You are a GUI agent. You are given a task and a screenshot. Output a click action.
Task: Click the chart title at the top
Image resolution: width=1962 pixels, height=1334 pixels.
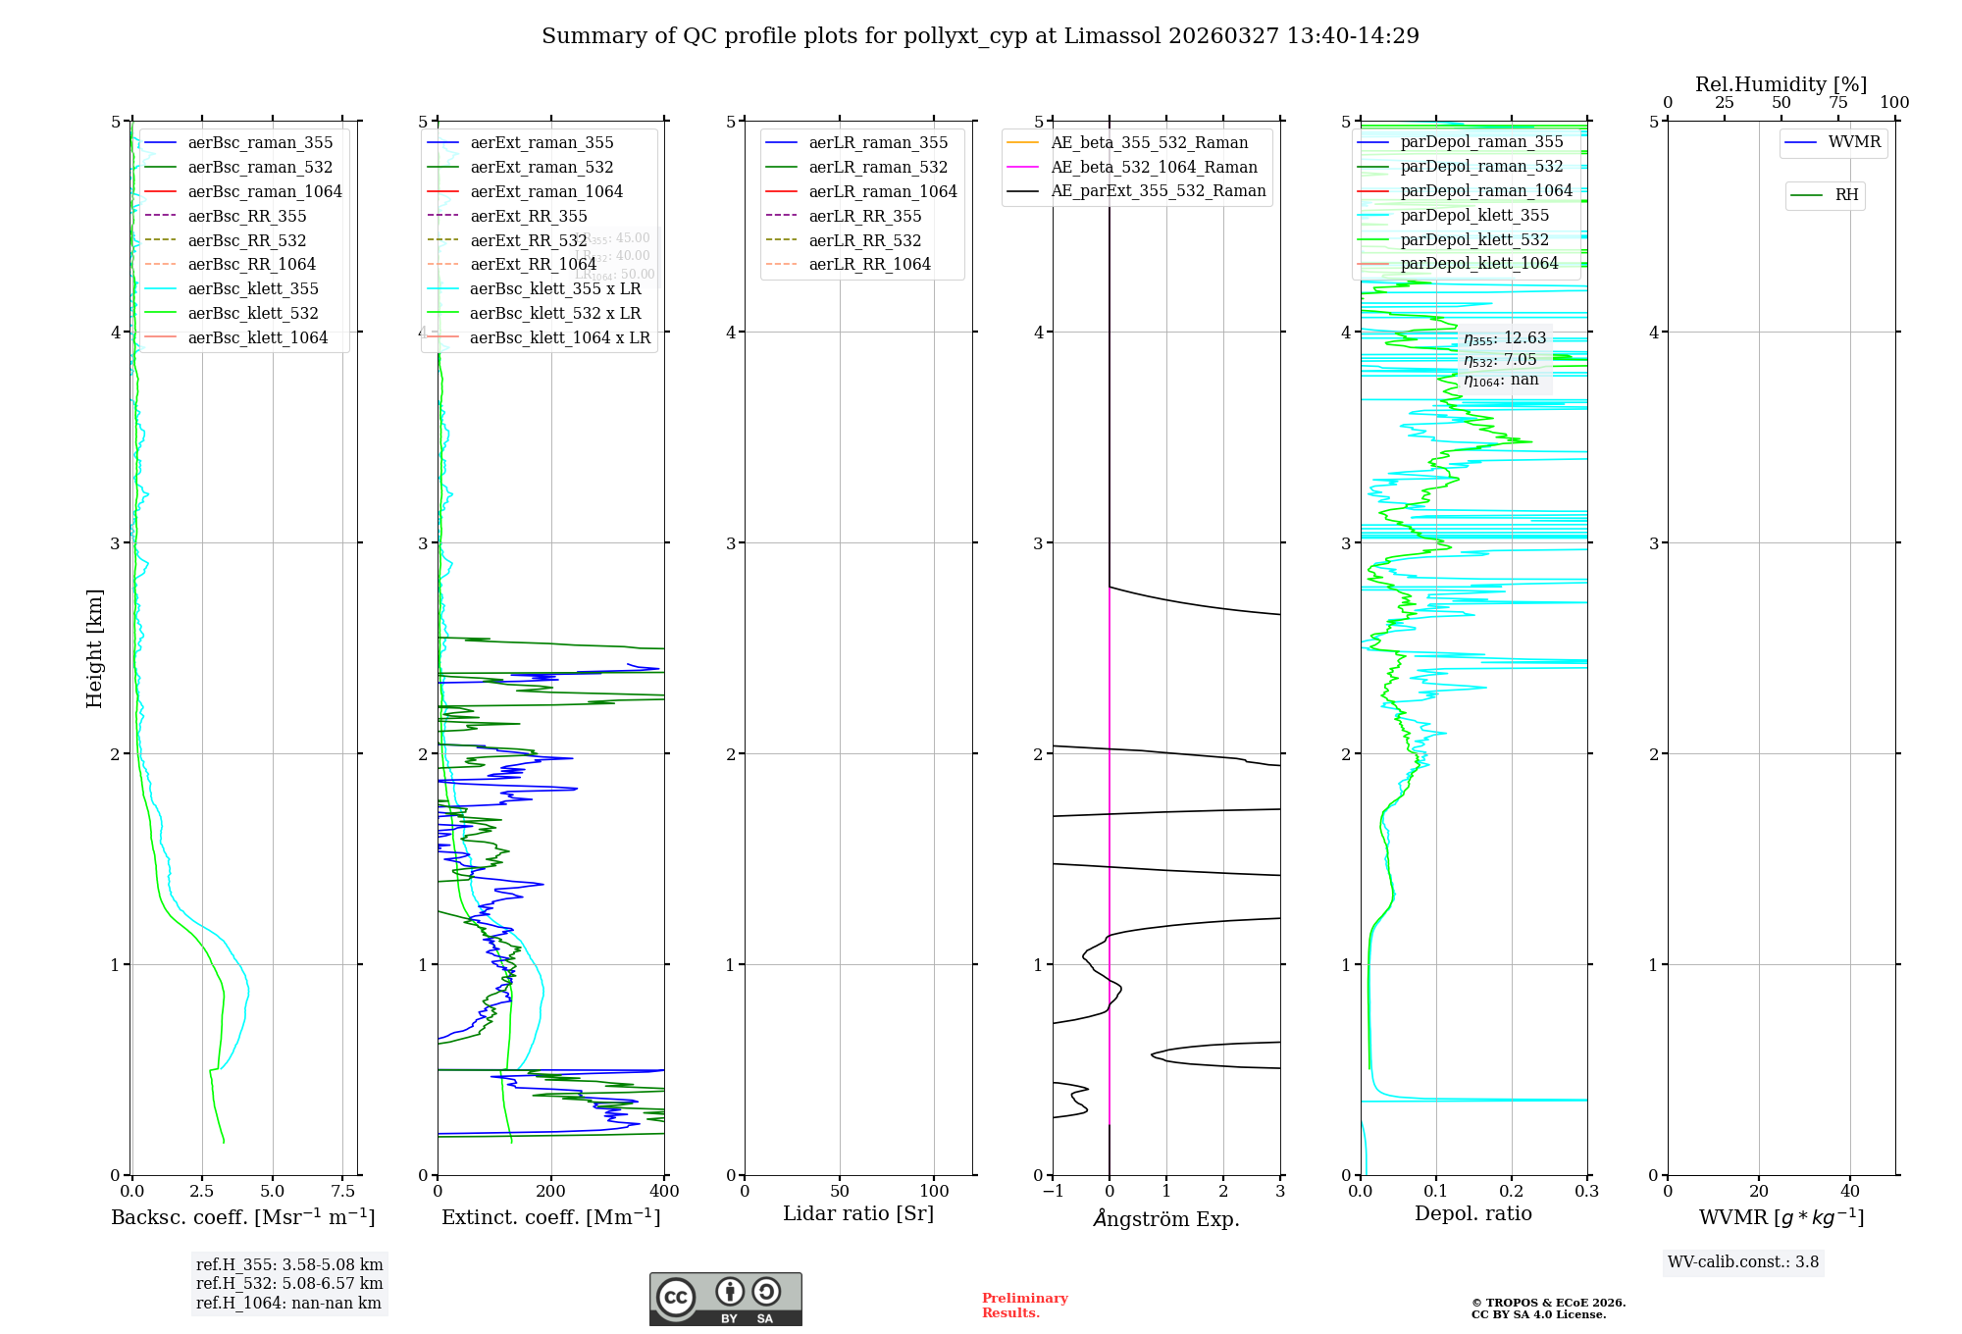click(980, 36)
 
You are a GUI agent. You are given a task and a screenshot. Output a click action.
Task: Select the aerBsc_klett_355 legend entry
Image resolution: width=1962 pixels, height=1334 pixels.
click(253, 288)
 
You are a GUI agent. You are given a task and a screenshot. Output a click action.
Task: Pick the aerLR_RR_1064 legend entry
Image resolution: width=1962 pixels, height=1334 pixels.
click(869, 264)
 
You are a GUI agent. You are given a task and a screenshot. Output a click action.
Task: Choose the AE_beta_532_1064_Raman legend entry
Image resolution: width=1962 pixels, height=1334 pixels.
click(1154, 167)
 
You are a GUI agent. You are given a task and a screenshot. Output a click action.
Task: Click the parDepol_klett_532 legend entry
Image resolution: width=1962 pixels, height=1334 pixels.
click(1474, 239)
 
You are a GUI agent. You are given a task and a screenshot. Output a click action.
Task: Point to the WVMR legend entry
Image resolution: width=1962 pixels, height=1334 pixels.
click(1854, 142)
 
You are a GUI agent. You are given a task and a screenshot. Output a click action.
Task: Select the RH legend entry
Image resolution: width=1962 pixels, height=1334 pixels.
click(1846, 195)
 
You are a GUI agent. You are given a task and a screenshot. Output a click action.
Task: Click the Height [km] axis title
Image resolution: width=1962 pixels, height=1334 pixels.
click(94, 648)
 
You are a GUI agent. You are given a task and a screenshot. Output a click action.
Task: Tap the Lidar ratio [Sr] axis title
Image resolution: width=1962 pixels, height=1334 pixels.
click(858, 1213)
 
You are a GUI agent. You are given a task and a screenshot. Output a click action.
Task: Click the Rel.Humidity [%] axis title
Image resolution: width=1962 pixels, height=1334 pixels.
click(1781, 84)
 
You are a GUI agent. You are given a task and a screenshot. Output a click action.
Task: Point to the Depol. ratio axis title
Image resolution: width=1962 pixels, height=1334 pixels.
click(1472, 1213)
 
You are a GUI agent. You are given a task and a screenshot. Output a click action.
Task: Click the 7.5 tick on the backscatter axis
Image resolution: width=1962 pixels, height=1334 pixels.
click(343, 1191)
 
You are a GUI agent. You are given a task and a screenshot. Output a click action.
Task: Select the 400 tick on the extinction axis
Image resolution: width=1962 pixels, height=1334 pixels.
click(665, 1191)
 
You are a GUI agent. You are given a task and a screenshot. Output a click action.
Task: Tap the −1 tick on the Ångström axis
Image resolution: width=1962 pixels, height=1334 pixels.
click(1052, 1191)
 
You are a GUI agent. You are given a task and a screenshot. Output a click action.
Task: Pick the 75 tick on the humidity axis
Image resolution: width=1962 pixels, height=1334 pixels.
click(1838, 102)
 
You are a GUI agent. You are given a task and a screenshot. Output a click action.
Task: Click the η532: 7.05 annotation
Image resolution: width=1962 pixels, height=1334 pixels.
click(1500, 360)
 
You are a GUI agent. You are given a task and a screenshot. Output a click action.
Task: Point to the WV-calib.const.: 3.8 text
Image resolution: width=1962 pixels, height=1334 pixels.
click(1743, 1262)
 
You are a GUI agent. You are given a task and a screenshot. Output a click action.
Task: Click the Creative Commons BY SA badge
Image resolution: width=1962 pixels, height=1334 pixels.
click(726, 1300)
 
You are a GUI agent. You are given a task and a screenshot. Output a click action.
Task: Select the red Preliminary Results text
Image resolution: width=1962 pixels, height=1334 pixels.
click(1024, 1306)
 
